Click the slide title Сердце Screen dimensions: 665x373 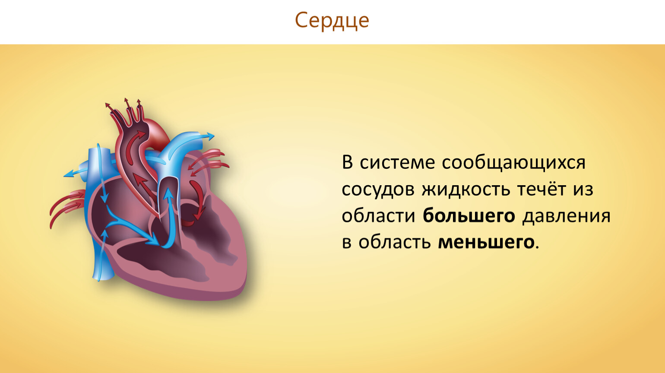coord(332,21)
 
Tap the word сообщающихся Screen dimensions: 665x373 coord(513,163)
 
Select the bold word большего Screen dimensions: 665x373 coord(469,215)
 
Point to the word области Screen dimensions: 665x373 coord(378,215)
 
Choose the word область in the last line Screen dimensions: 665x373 coord(395,242)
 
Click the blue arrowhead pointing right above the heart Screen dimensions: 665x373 coord(210,136)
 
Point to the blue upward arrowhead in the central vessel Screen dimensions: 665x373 coord(168,193)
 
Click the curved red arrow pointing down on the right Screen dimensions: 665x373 coord(199,199)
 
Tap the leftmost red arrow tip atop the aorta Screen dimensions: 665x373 coord(107,105)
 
